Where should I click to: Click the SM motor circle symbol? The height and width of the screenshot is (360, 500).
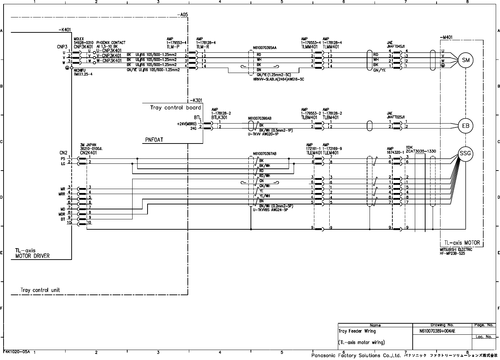[465, 60]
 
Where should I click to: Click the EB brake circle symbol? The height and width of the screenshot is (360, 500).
[465, 126]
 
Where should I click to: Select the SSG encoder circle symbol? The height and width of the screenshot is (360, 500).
[465, 154]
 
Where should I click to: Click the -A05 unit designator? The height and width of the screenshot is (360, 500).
[182, 15]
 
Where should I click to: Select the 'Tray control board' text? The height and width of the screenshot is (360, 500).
[175, 108]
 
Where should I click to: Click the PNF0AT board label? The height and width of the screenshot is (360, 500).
[154, 140]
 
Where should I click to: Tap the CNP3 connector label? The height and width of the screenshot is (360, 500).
[62, 46]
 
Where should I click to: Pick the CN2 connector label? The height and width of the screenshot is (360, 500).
[63, 153]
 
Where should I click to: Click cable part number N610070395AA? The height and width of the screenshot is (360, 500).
[264, 47]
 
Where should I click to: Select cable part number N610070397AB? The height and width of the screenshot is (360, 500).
[264, 154]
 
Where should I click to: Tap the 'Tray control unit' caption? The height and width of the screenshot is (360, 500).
[40, 290]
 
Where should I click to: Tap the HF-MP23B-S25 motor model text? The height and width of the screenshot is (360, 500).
[453, 253]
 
